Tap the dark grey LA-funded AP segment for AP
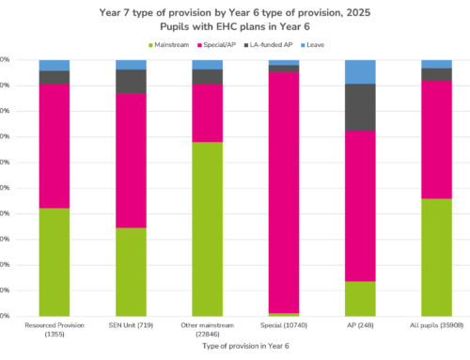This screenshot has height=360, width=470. (x=360, y=107)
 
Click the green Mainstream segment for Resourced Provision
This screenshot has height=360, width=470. (x=54, y=261)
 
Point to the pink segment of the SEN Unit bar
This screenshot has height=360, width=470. (x=131, y=160)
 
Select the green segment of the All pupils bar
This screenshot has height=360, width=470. (x=436, y=257)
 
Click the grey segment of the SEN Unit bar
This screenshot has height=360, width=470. (x=131, y=81)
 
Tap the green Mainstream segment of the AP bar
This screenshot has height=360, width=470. (x=360, y=298)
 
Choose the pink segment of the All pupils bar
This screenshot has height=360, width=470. (x=436, y=139)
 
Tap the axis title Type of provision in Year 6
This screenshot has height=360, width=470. (x=244, y=346)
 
